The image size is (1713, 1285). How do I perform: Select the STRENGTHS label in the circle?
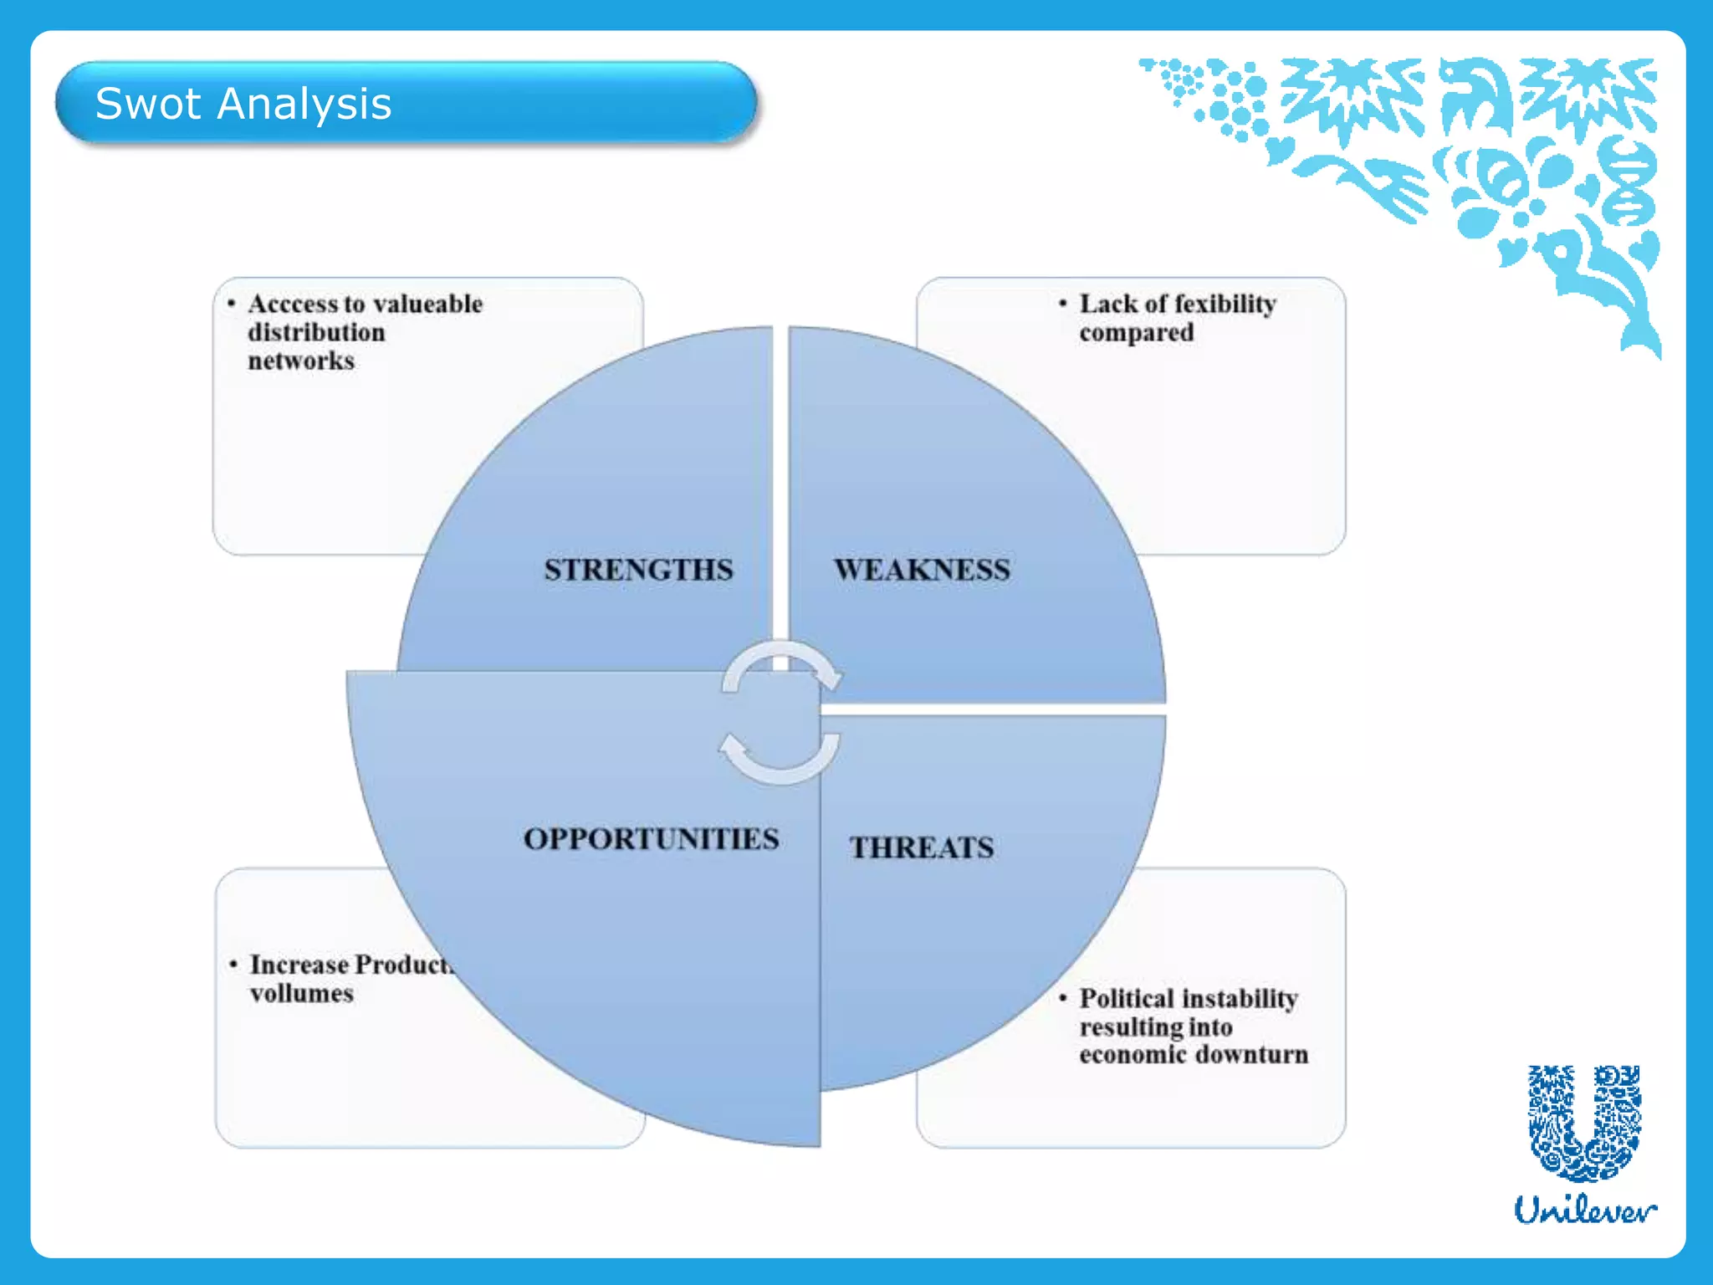[638, 570]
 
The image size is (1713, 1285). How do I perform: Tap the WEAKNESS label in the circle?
[922, 570]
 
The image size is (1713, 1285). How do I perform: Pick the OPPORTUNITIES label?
[651, 839]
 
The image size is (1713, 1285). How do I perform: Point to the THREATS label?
[922, 847]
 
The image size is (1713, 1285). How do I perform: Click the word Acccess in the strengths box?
[294, 304]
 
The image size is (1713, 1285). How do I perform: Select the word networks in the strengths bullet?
[301, 361]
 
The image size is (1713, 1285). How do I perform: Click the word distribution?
[316, 332]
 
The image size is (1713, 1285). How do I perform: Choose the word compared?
[1136, 333]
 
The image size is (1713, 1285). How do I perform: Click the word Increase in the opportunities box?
[299, 965]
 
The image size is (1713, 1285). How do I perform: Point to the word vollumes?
[301, 994]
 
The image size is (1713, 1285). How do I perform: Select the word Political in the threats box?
[1127, 998]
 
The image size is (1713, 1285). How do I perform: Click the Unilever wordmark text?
[1584, 1210]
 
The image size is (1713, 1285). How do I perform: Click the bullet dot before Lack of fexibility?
[1062, 303]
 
